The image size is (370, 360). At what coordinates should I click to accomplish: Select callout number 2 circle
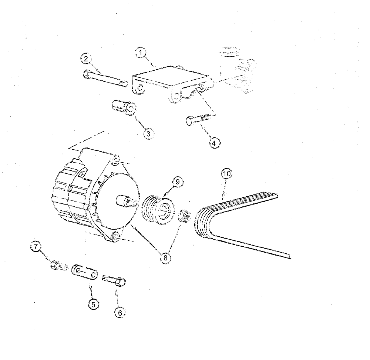85,59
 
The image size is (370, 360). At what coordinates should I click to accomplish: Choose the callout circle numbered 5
93,304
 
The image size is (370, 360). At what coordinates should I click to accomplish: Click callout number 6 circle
118,312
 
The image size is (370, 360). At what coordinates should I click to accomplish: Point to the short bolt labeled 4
198,120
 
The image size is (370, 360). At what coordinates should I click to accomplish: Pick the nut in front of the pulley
184,216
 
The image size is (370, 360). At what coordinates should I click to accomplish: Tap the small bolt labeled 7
58,266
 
